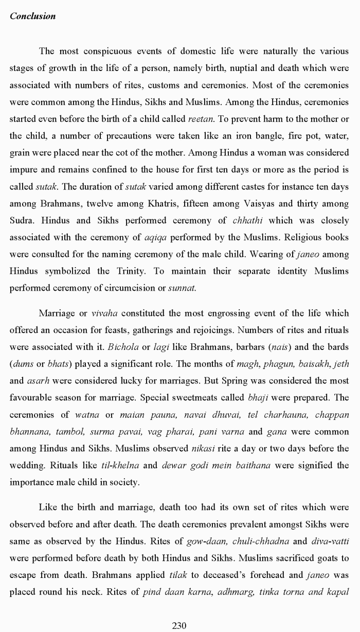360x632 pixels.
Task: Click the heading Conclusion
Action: tap(32, 16)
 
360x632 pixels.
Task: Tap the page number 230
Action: tap(179, 625)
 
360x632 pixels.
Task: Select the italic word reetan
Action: tap(201, 119)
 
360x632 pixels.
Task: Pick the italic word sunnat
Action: tap(182, 288)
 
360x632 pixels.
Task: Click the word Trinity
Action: tap(136, 271)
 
